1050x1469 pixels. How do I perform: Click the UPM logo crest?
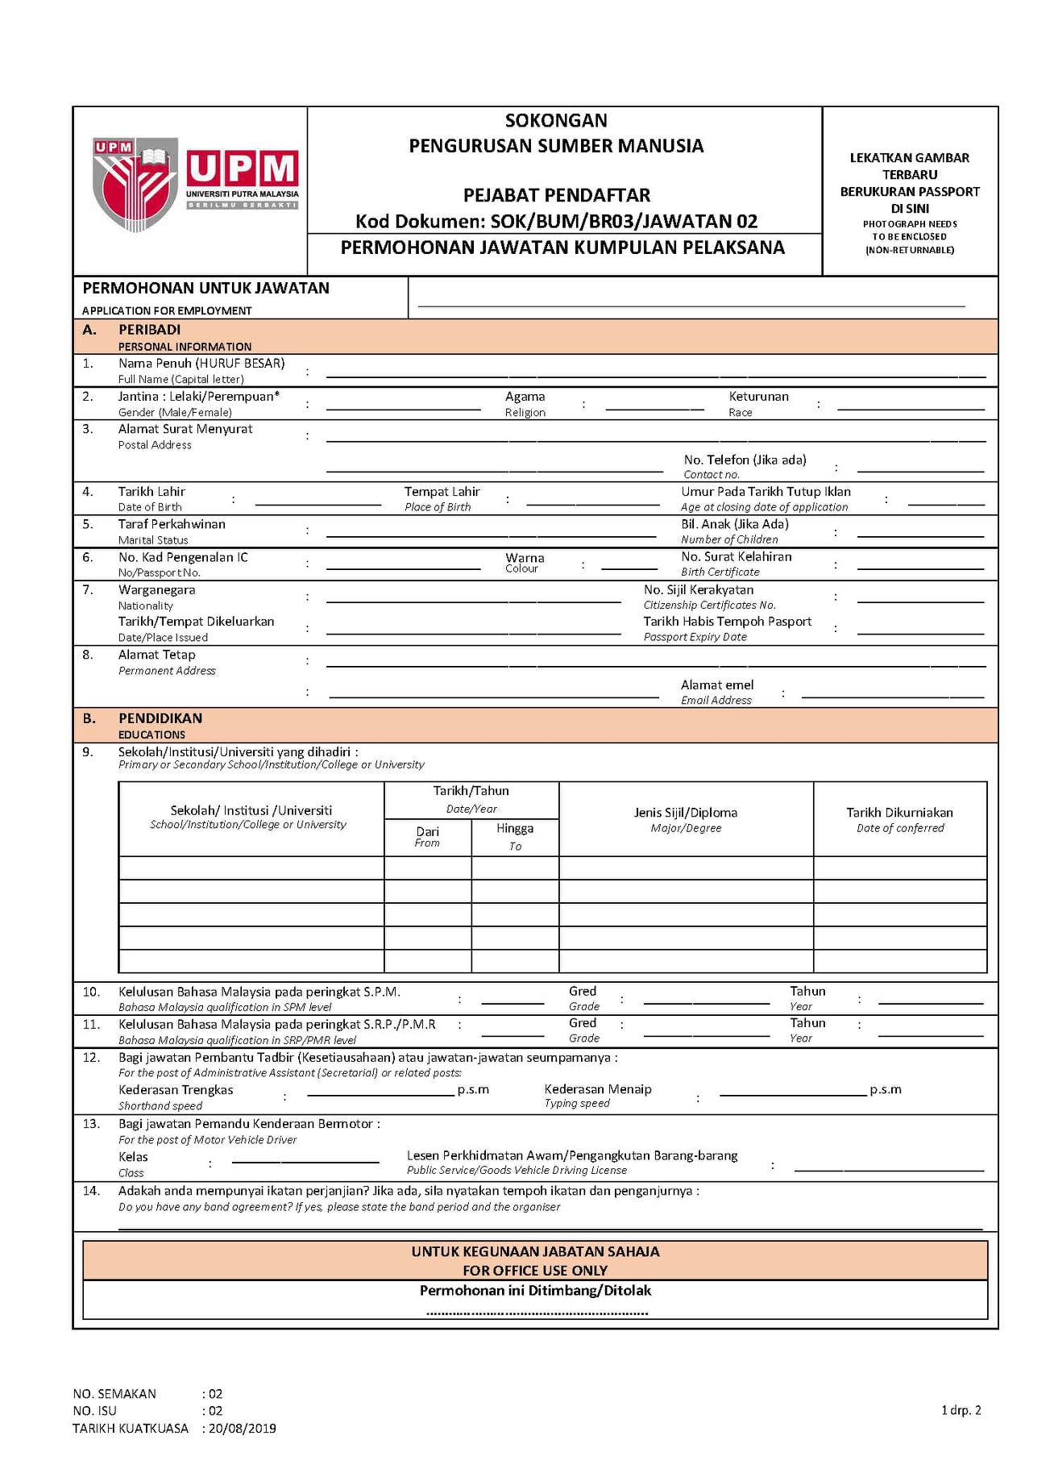(135, 185)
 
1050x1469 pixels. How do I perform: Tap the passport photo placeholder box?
(910, 191)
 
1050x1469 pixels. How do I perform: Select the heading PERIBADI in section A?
(149, 330)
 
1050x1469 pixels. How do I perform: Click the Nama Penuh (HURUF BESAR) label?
(201, 364)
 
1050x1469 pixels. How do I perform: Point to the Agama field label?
(525, 397)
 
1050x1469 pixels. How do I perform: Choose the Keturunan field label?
(758, 397)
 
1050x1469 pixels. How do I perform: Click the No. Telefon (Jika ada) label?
(745, 460)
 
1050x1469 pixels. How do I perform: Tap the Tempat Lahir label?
(442, 492)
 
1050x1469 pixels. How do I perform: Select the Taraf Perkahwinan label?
(172, 524)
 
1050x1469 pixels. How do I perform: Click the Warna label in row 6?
(525, 558)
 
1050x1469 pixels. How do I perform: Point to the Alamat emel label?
(717, 685)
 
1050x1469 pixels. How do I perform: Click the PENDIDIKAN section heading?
(160, 718)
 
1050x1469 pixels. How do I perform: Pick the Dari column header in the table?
(427, 831)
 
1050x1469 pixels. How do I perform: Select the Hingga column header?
(515, 829)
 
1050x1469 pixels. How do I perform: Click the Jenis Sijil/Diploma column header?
(686, 813)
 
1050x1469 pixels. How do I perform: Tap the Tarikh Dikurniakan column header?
(899, 813)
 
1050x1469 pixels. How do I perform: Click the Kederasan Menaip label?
(598, 1089)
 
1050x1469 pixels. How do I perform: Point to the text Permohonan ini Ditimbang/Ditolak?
(535, 1291)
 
